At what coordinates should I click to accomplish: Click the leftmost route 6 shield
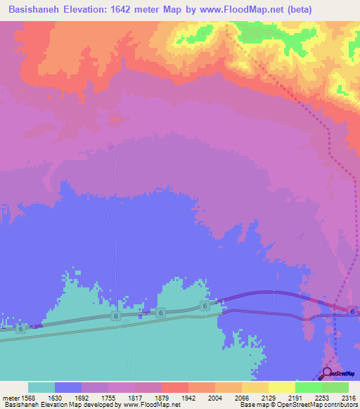[x=20, y=328]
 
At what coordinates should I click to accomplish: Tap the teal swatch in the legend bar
[x=41, y=387]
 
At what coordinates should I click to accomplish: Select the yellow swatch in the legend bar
[x=281, y=387]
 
